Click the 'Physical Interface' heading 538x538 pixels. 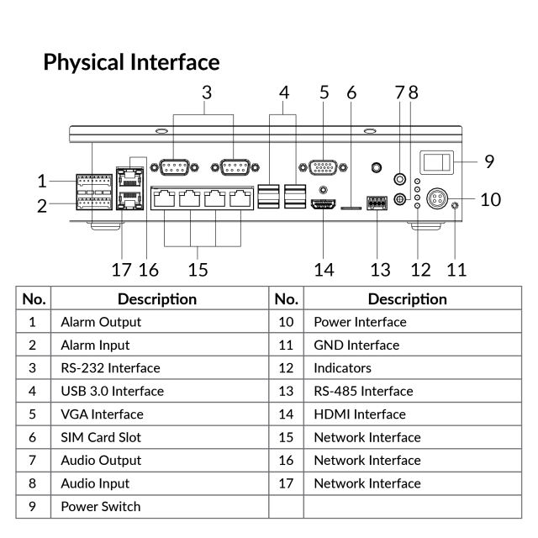tap(131, 62)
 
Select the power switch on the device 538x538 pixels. tap(436, 161)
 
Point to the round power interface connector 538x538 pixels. tap(436, 200)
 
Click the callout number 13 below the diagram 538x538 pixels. tap(381, 269)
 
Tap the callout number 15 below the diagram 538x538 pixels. tap(198, 269)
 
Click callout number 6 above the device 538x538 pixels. tap(351, 92)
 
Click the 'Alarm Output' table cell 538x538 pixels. tap(101, 321)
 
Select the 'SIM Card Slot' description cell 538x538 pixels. tap(101, 437)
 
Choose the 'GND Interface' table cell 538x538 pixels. tap(356, 345)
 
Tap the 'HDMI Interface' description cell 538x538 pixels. tap(360, 414)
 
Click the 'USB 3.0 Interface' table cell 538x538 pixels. tap(112, 391)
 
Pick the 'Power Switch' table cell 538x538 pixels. tap(101, 506)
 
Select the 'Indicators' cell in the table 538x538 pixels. tap(342, 367)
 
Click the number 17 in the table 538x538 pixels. tap(286, 483)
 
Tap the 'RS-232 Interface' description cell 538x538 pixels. tap(110, 367)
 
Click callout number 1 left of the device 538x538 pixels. tap(42, 180)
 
